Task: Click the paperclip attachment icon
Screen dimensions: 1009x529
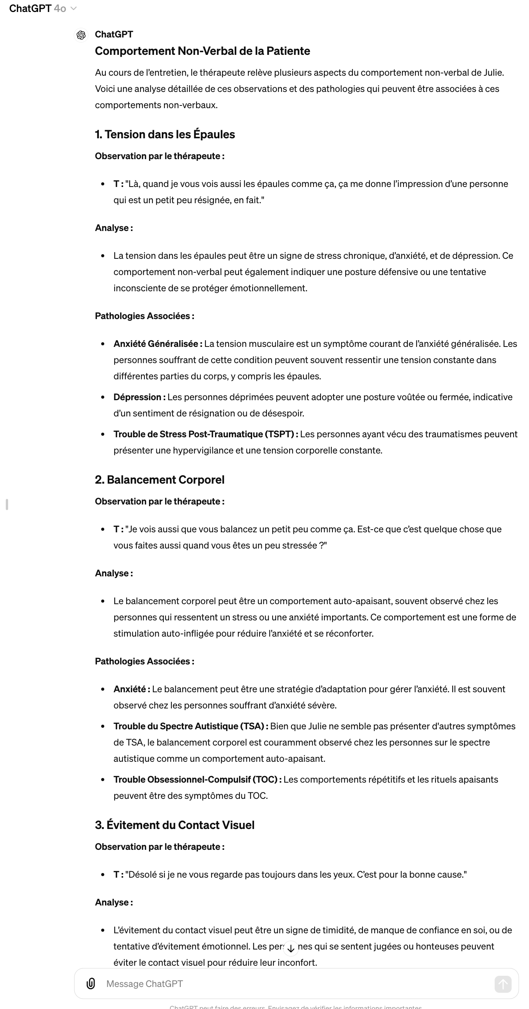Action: click(x=91, y=984)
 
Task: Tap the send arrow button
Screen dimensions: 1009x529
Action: click(x=503, y=984)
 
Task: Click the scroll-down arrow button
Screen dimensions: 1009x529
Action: click(x=291, y=948)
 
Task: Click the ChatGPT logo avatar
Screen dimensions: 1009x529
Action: click(x=81, y=35)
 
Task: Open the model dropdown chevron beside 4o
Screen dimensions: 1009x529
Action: click(x=73, y=8)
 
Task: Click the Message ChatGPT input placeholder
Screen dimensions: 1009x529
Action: click(x=144, y=984)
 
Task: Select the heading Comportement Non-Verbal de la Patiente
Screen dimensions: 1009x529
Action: click(x=202, y=51)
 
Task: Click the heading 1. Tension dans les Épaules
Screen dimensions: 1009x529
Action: click(x=165, y=134)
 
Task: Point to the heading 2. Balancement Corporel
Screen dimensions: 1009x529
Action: click(x=159, y=480)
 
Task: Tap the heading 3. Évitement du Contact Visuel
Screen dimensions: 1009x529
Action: click(x=175, y=825)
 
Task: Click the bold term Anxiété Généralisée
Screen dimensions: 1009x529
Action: click(x=156, y=344)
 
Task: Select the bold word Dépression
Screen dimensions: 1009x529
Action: click(x=137, y=397)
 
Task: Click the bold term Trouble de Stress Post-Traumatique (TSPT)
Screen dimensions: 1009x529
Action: click(x=203, y=434)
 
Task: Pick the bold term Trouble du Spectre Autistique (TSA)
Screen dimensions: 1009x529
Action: click(x=188, y=726)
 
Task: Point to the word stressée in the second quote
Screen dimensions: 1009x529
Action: click(x=297, y=545)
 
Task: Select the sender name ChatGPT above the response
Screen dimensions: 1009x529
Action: click(x=114, y=34)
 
